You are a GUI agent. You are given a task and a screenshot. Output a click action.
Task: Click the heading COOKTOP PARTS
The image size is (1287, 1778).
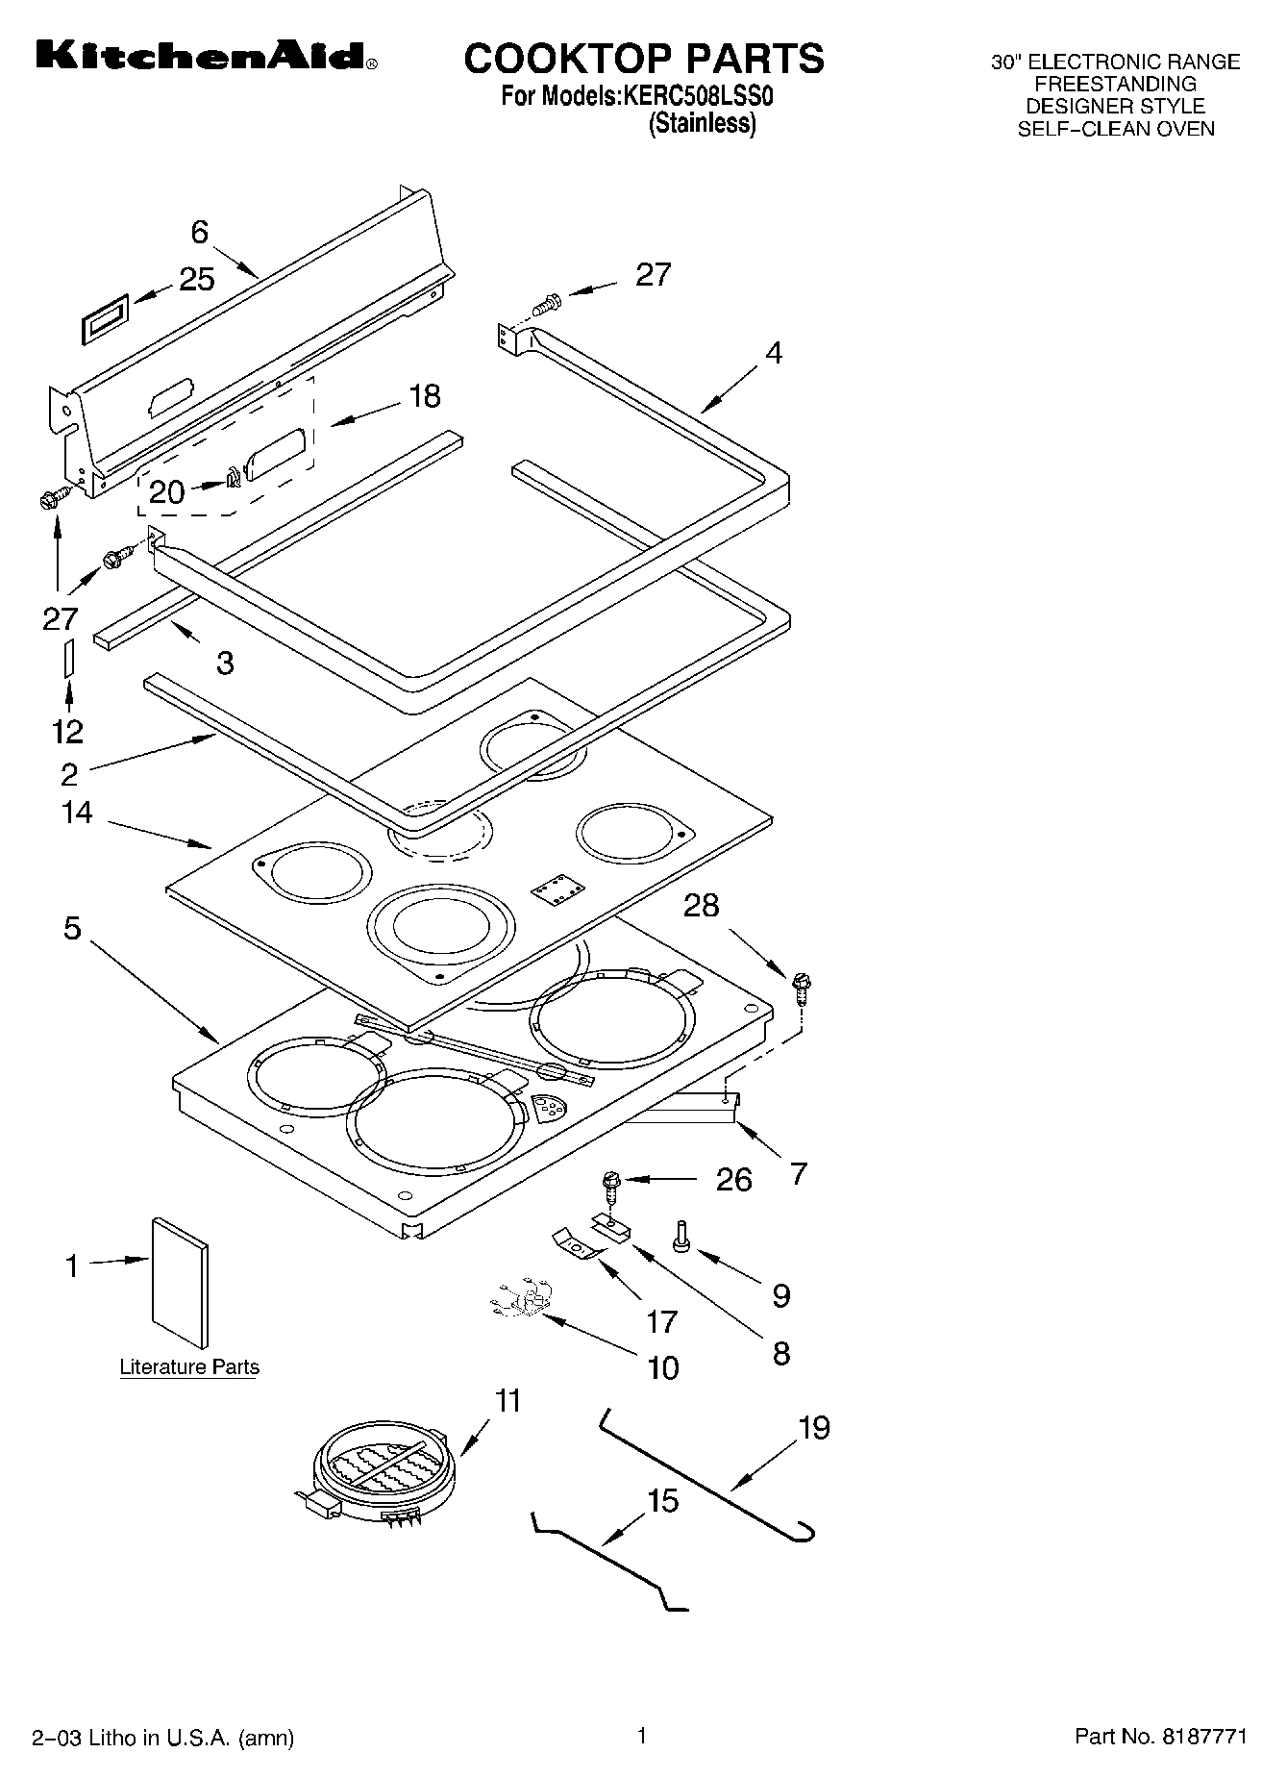[643, 59]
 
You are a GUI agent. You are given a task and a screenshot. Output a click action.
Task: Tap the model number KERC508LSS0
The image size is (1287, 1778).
[698, 96]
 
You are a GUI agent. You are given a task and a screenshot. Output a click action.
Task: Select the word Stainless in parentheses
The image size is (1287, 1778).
[702, 124]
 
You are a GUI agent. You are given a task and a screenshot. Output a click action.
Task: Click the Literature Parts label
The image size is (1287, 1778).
[189, 1366]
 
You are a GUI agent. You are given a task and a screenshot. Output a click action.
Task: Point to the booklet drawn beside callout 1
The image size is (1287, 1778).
[180, 1283]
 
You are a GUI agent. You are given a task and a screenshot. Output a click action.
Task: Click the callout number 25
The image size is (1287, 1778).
[197, 279]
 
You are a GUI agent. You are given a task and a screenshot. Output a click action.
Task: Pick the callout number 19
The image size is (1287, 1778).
[813, 1427]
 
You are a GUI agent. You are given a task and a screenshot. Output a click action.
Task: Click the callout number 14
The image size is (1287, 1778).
[77, 813]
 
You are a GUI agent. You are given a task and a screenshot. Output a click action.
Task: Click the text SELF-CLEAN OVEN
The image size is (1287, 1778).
[1115, 129]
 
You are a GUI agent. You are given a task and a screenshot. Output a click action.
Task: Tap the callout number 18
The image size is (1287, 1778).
[424, 395]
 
